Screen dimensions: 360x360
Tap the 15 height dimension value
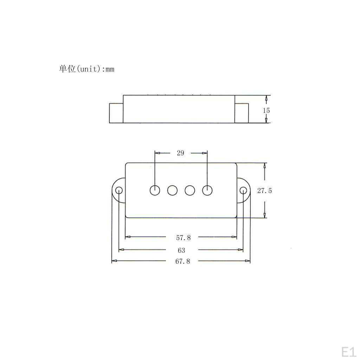(x=266, y=110)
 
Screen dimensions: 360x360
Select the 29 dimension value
(x=180, y=153)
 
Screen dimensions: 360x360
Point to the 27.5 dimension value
(x=264, y=191)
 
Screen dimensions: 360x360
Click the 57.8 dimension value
(x=183, y=238)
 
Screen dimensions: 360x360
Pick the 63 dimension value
(x=181, y=250)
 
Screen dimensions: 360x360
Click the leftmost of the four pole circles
(x=155, y=190)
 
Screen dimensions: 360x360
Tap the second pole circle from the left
(x=172, y=190)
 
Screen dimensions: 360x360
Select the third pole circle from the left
(x=190, y=190)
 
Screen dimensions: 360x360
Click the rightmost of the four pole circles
(x=207, y=190)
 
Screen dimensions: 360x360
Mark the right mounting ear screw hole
(x=243, y=191)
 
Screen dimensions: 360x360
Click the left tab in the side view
(x=116, y=113)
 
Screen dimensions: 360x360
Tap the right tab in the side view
(x=242, y=113)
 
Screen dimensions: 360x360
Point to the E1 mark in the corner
(x=348, y=351)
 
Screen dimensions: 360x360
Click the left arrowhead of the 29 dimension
(x=157, y=153)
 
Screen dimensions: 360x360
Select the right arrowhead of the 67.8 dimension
(x=248, y=261)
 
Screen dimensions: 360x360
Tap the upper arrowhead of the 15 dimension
(x=266, y=97)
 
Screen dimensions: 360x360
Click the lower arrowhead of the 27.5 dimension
(x=264, y=216)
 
